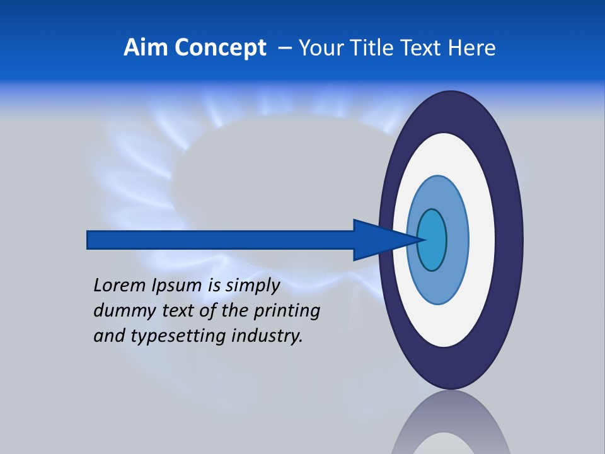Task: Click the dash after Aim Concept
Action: [x=285, y=49]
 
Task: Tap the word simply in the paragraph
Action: [x=252, y=286]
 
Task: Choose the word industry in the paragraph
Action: [x=267, y=335]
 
